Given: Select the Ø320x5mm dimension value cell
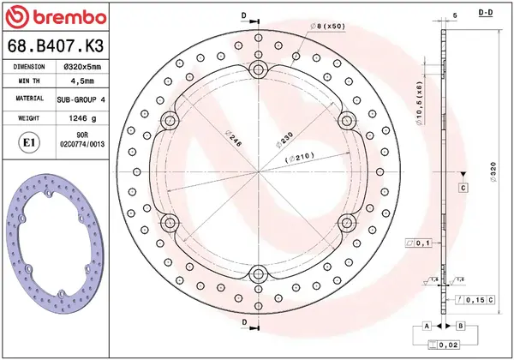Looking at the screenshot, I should click(x=81, y=66).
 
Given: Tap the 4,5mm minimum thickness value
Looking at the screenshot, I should click(x=81, y=81).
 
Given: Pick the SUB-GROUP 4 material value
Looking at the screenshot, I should click(x=81, y=99).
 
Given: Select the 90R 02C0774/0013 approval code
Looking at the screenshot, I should click(x=81, y=140).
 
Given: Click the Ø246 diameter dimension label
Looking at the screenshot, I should click(x=231, y=137).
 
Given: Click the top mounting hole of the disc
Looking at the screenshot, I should click(x=258, y=68).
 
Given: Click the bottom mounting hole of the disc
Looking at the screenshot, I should click(x=258, y=274).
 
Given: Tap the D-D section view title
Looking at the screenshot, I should click(x=484, y=14).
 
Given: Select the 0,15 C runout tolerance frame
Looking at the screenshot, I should click(x=479, y=299).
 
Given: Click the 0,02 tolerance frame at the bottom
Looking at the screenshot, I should click(x=444, y=345).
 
